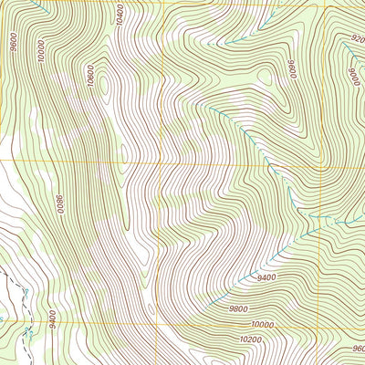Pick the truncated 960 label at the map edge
pyautogui.click(x=358, y=348)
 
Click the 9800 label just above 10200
pyautogui.click(x=239, y=308)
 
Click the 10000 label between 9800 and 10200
pyautogui.click(x=263, y=324)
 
